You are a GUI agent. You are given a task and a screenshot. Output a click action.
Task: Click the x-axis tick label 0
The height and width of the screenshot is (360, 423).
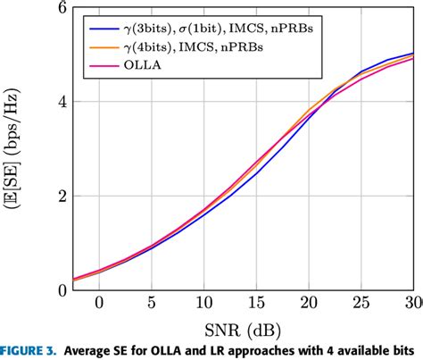99,303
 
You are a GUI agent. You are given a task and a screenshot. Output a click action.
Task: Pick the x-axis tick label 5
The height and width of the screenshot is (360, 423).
152,303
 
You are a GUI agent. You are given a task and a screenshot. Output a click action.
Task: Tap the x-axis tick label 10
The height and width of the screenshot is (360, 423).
204,303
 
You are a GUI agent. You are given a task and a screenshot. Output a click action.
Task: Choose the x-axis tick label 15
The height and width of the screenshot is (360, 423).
257,303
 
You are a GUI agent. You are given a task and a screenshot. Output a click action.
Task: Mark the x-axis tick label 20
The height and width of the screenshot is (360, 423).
310,303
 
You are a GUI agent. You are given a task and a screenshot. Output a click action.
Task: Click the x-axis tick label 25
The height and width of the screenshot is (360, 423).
362,303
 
